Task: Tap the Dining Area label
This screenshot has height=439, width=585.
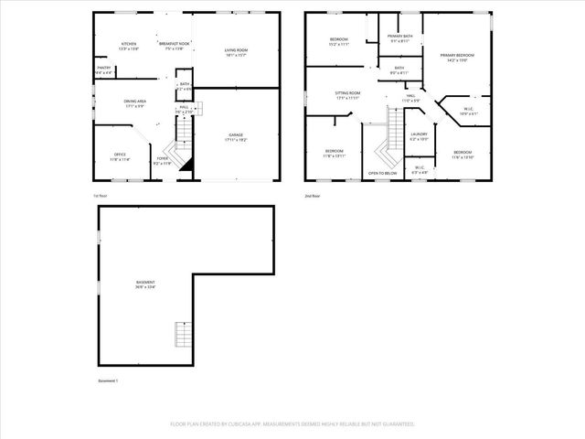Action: [x=134, y=104]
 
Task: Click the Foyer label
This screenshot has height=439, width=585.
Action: [x=163, y=161]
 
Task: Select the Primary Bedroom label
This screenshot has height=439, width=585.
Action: [x=456, y=58]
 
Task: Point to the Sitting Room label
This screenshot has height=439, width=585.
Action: [x=347, y=95]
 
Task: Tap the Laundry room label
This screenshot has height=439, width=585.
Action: [x=420, y=137]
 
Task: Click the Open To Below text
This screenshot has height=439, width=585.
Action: [x=382, y=173]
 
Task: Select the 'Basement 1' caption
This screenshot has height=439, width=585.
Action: [x=108, y=380]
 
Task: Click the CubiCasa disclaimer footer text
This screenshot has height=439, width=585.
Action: [x=292, y=424]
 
